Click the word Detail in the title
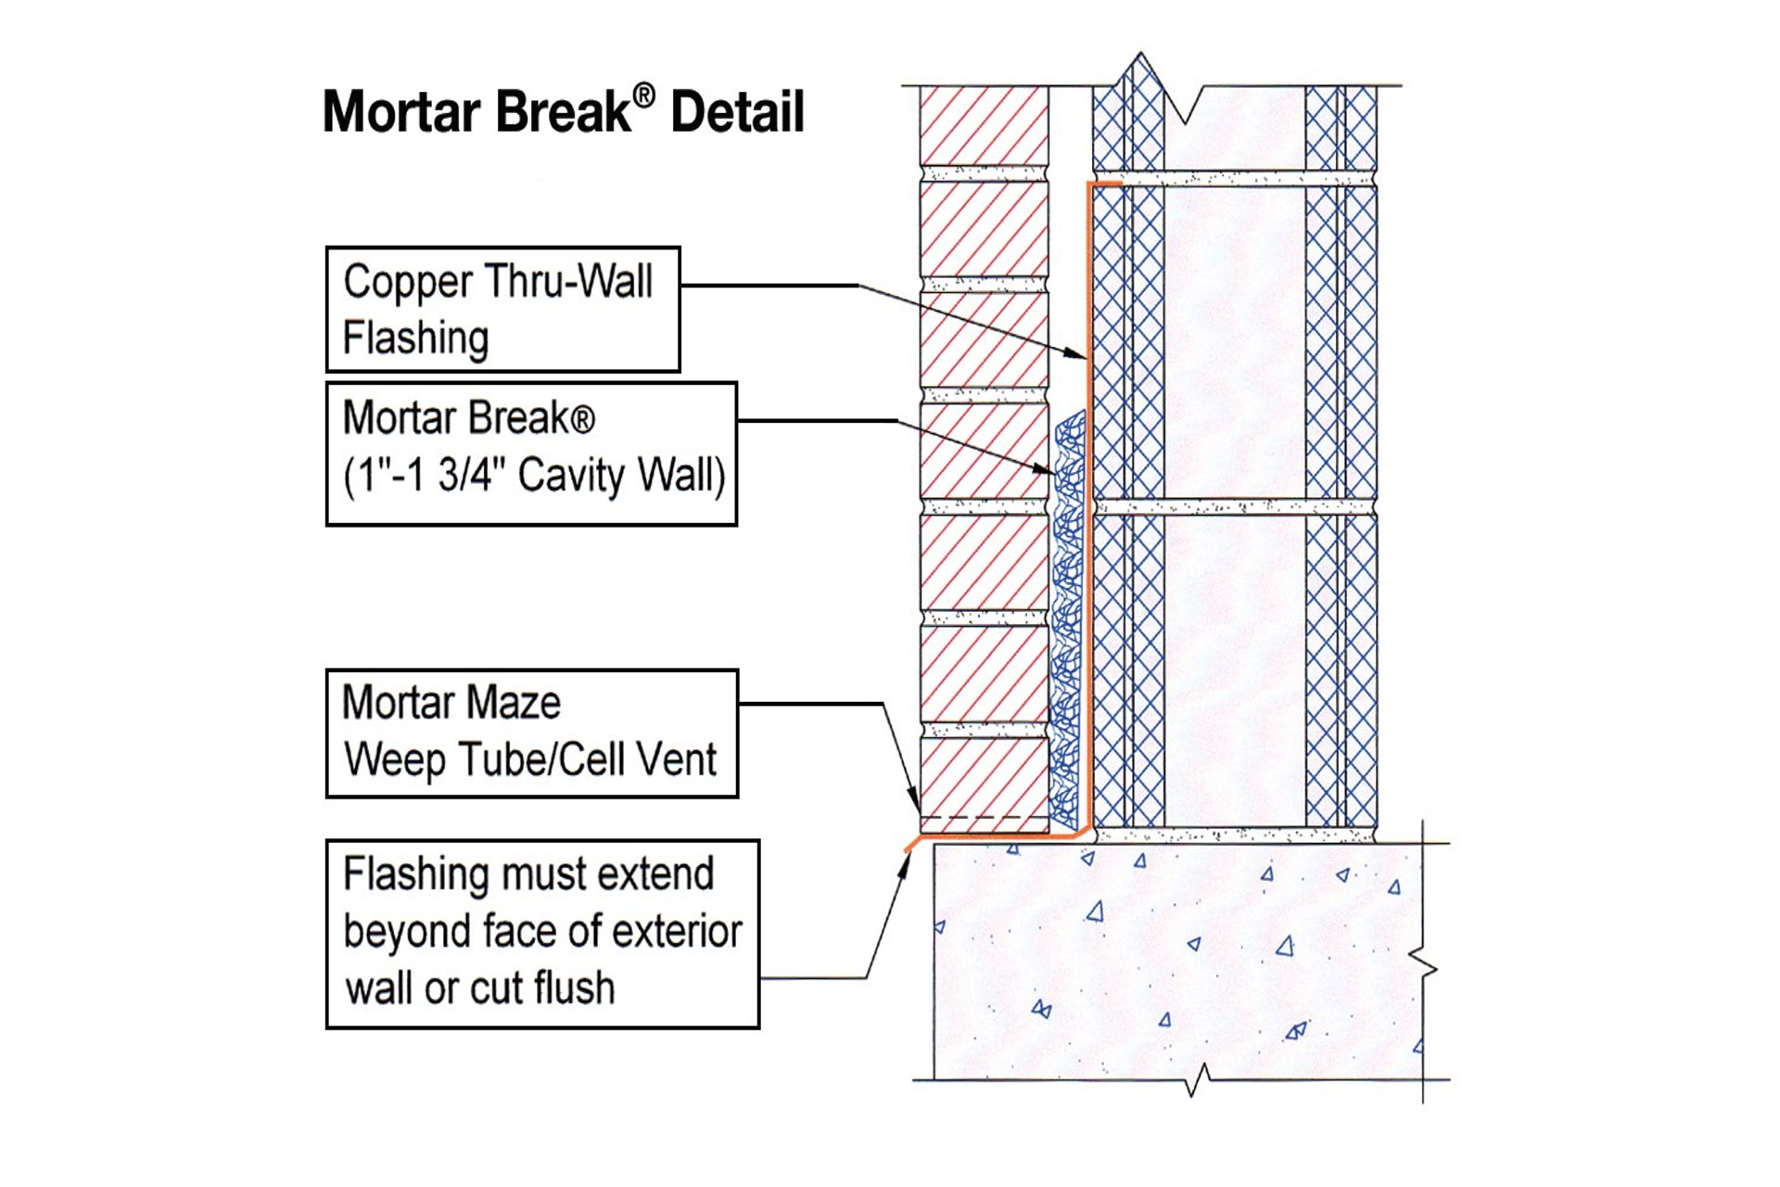tap(737, 113)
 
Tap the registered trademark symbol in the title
tap(644, 96)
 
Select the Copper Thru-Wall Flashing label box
tap(502, 310)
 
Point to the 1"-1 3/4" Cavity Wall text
tap(534, 476)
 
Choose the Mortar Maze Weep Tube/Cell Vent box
tap(532, 733)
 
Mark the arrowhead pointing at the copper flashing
tap(1077, 354)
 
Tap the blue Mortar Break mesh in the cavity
tap(1068, 631)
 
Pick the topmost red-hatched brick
tap(985, 126)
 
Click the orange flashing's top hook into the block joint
tap(1105, 185)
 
